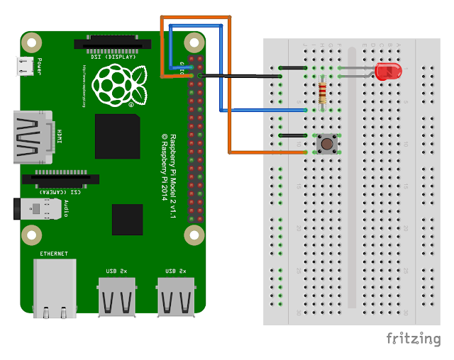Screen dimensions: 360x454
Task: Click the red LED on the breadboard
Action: [387, 71]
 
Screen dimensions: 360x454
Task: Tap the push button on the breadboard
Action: [327, 143]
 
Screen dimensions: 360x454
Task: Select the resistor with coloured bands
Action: [324, 92]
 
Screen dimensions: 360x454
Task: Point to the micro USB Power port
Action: [25, 67]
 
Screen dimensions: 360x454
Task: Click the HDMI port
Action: [32, 136]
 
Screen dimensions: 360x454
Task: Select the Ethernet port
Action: [55, 287]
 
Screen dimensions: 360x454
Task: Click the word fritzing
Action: [413, 339]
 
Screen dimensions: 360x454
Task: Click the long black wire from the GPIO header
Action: [241, 75]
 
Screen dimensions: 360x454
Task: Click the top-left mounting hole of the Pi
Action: [30, 42]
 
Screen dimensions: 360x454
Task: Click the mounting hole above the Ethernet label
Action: [30, 234]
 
